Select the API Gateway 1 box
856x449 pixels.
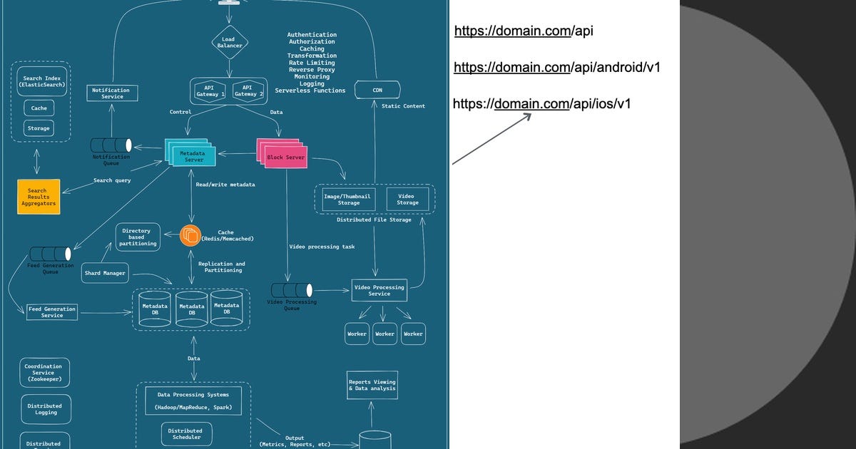pos(209,91)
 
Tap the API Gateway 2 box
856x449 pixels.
pos(249,91)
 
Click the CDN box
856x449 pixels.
pos(378,91)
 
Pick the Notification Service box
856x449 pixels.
pos(111,93)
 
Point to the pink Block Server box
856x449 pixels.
pos(285,155)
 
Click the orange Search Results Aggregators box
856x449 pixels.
pos(37,197)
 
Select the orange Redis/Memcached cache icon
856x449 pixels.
pos(191,235)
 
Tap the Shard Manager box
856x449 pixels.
pos(106,273)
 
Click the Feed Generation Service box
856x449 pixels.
pos(51,311)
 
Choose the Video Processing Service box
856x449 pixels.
pos(379,290)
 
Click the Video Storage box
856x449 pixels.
pos(407,199)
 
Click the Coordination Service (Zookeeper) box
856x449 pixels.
pos(44,373)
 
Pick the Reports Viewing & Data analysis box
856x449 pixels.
pos(372,385)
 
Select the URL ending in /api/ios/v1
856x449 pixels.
pos(542,104)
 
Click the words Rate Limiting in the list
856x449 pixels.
pos(311,63)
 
